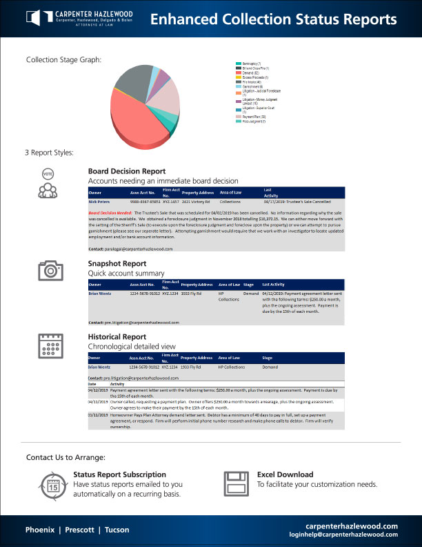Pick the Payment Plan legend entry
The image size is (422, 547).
click(256, 117)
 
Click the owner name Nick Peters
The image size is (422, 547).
click(99, 201)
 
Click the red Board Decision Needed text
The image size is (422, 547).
click(110, 213)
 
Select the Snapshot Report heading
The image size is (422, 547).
click(117, 263)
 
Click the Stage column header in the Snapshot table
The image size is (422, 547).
click(249, 284)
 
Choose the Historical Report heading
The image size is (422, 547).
click(117, 336)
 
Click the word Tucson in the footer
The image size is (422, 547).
click(118, 530)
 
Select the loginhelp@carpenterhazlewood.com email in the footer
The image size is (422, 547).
click(344, 535)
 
